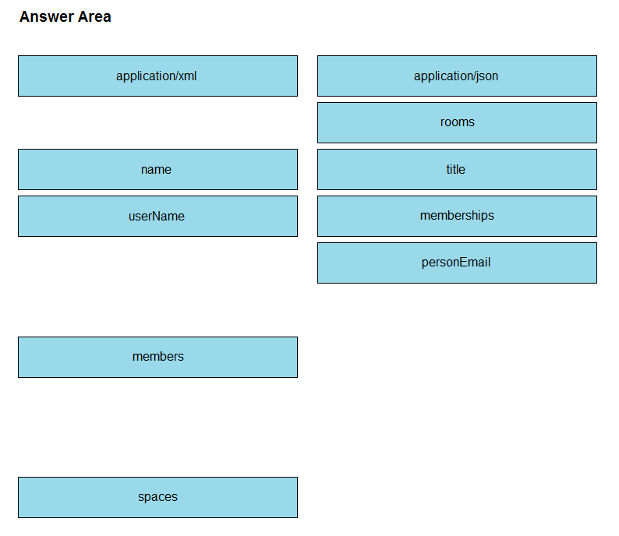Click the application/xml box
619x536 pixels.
tap(158, 76)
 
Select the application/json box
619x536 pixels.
tap(457, 76)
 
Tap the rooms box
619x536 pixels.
tap(457, 122)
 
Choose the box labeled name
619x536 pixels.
tap(158, 169)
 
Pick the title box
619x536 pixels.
tap(457, 169)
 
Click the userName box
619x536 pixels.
tap(158, 216)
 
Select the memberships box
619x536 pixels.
tap(457, 216)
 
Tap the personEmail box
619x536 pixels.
tap(457, 263)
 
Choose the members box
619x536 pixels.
tap(158, 357)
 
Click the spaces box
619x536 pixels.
tap(158, 497)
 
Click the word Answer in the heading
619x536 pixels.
tap(47, 17)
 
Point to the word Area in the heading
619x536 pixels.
tap(95, 17)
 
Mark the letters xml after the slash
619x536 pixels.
tap(188, 76)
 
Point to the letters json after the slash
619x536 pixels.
tap(487, 76)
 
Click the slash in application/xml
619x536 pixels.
tap(176, 76)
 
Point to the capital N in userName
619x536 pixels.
tap(157, 216)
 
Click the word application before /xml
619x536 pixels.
tap(145, 76)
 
